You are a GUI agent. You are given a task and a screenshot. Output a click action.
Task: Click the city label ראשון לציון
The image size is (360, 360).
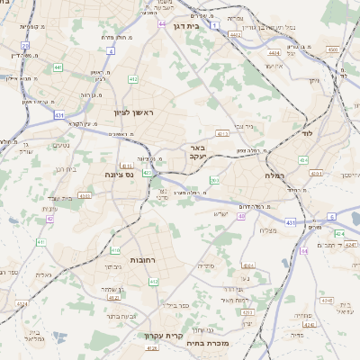pos(133,112)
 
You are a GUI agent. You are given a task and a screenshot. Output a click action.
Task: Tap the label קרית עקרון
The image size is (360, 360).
pos(165,337)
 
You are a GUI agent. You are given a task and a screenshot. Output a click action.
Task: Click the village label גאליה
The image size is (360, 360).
pos(42,274)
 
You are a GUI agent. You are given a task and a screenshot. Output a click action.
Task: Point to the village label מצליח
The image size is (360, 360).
pos(268,230)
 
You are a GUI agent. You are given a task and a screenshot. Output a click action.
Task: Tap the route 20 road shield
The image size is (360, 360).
pos(25,44)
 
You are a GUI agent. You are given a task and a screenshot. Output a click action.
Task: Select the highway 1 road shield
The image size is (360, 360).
pos(214,25)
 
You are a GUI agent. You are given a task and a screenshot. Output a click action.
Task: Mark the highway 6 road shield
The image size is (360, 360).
pos(331,217)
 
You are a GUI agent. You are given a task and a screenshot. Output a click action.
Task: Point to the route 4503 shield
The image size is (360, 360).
pos(333,49)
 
